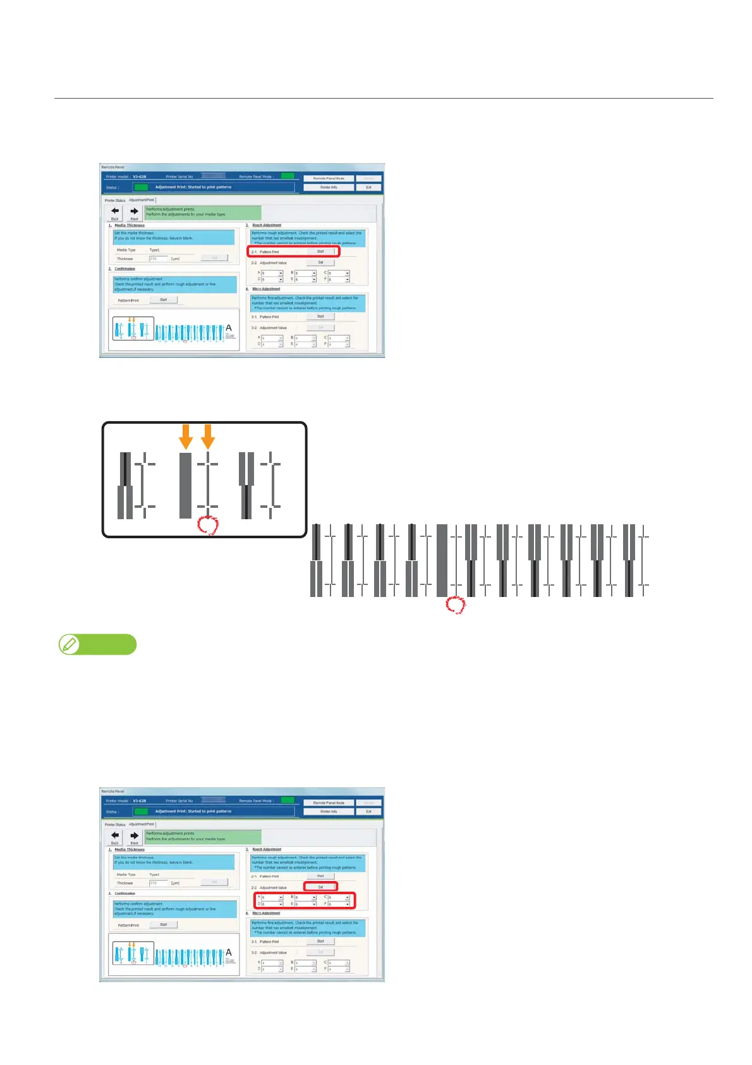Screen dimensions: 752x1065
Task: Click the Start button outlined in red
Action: [320, 251]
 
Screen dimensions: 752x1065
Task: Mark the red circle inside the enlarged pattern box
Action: [208, 525]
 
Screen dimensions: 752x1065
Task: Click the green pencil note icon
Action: [68, 644]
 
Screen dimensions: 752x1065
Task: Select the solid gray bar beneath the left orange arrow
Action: [185, 485]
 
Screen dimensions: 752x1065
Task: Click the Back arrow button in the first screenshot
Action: [115, 212]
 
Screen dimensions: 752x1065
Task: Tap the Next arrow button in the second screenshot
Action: [134, 837]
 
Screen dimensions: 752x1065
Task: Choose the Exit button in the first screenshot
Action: [368, 187]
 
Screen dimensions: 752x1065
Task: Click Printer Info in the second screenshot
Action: [329, 811]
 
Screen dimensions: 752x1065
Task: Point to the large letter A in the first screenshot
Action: [229, 328]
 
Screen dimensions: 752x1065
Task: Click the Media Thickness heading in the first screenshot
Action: [129, 225]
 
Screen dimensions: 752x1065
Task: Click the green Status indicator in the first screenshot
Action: [141, 187]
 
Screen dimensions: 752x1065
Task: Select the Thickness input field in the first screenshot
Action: [158, 259]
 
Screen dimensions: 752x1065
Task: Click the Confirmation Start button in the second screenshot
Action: [163, 925]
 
